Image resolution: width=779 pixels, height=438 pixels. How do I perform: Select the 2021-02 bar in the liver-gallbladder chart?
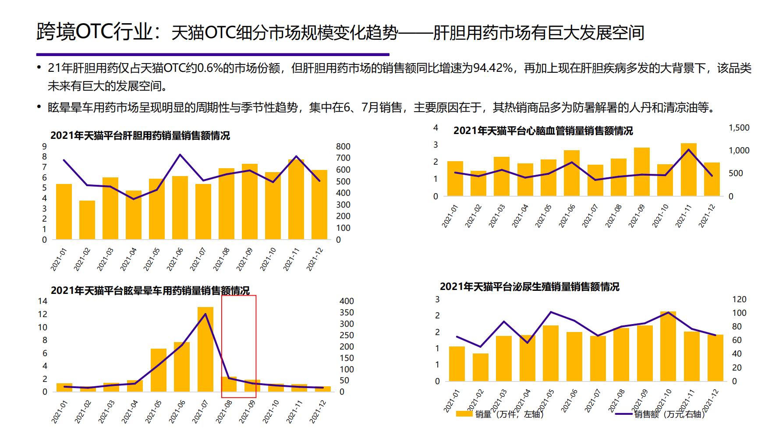[x=87, y=220]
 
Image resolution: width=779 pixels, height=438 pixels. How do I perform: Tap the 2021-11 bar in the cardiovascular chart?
[x=688, y=170]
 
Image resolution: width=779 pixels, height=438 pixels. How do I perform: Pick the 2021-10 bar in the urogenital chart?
[x=668, y=346]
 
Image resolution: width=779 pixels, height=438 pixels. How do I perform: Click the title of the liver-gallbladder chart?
[x=140, y=135]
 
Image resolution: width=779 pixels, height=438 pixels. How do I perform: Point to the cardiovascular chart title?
[x=543, y=131]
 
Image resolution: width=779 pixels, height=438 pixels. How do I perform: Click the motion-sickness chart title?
[x=150, y=290]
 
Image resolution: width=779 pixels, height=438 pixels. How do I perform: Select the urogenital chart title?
[x=529, y=286]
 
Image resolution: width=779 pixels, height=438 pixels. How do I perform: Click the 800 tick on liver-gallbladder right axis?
[x=343, y=146]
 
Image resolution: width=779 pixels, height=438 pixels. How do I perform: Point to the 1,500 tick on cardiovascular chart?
[x=739, y=127]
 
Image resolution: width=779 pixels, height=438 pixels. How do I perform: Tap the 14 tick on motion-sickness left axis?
[x=42, y=301]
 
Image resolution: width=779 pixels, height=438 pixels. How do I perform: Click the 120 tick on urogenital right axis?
[x=739, y=299]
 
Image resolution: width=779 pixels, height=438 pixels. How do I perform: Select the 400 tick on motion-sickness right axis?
[x=347, y=301]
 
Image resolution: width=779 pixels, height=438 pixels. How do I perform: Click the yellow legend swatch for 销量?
[x=464, y=413]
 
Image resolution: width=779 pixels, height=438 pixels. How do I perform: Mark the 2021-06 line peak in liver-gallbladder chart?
[x=180, y=155]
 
